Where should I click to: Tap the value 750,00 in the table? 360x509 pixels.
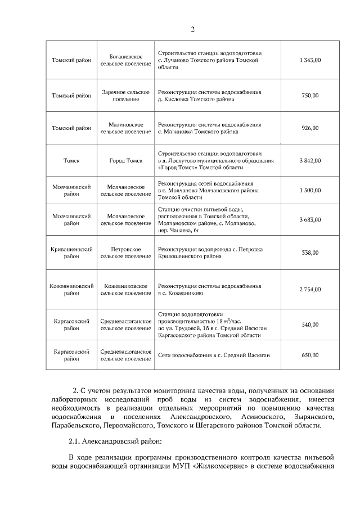tap(310, 96)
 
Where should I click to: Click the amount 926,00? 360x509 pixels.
tap(310, 128)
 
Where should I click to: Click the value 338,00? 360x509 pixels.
tap(310, 253)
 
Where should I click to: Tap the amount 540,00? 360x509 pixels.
tap(310, 325)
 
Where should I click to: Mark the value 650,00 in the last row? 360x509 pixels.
tap(310, 355)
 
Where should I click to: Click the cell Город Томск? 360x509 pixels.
tap(125, 160)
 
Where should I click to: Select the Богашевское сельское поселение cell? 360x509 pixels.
tap(125, 60)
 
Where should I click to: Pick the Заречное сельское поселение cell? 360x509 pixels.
tap(125, 95)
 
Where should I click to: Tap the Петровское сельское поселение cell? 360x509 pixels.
tap(125, 253)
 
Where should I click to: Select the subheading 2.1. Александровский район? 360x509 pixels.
tap(110, 442)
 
